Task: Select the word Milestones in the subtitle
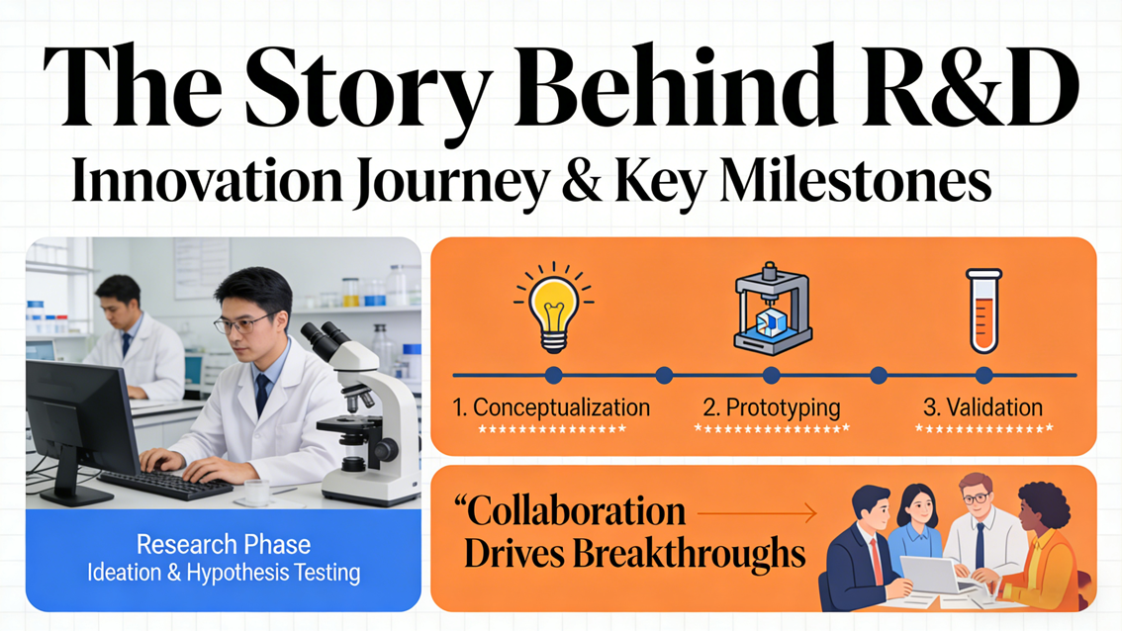pos(855,181)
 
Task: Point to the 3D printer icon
pos(772,308)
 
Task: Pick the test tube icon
pos(983,312)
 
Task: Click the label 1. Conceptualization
pos(551,407)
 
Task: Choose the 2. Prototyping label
pos(772,407)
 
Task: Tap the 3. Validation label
pos(982,407)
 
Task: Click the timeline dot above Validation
pos(983,375)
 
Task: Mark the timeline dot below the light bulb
pos(553,375)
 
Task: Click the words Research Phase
pos(224,544)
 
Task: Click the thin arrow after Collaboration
pos(756,513)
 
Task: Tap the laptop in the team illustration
pos(930,575)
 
